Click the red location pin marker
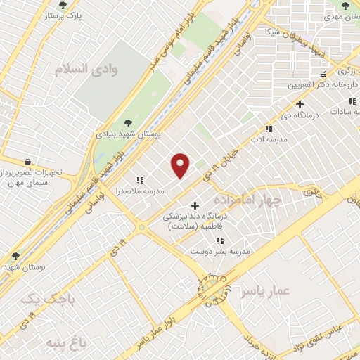point(181,165)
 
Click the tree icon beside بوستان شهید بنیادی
point(127,122)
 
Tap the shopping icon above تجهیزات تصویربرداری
point(27,161)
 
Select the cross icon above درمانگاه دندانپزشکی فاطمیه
point(195,205)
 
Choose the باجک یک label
point(42,300)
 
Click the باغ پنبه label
point(60,342)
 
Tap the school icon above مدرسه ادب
point(268,129)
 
